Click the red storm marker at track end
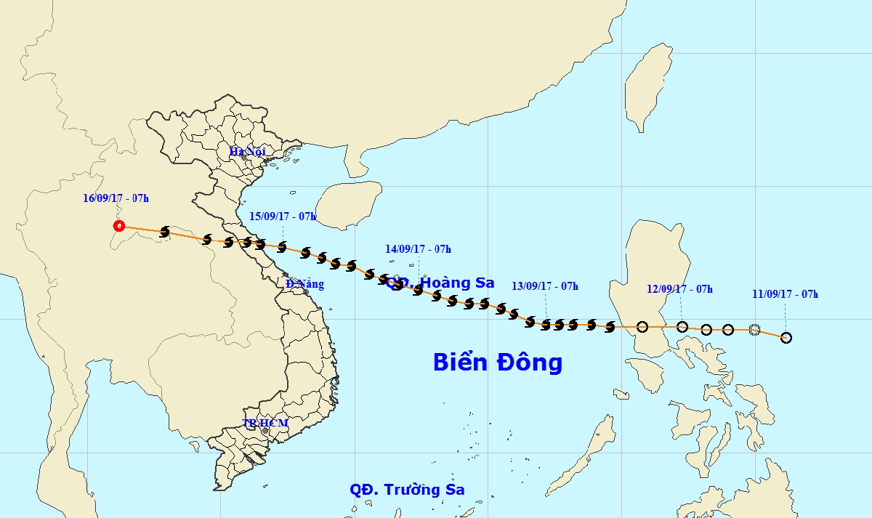coord(119,226)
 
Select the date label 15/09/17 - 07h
coord(283,216)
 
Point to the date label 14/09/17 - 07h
coord(418,249)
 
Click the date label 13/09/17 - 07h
coord(545,286)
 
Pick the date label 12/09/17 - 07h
coord(679,289)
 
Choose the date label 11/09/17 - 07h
coord(786,294)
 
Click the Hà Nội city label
coord(247,151)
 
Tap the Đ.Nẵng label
coord(304,284)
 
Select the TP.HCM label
coord(265,423)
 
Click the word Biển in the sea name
coord(462,362)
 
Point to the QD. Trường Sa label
coord(407,490)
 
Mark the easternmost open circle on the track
coord(786,338)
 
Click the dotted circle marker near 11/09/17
coord(754,330)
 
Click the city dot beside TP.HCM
coord(265,432)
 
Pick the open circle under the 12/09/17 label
coord(682,327)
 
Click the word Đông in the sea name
coord(528,362)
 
